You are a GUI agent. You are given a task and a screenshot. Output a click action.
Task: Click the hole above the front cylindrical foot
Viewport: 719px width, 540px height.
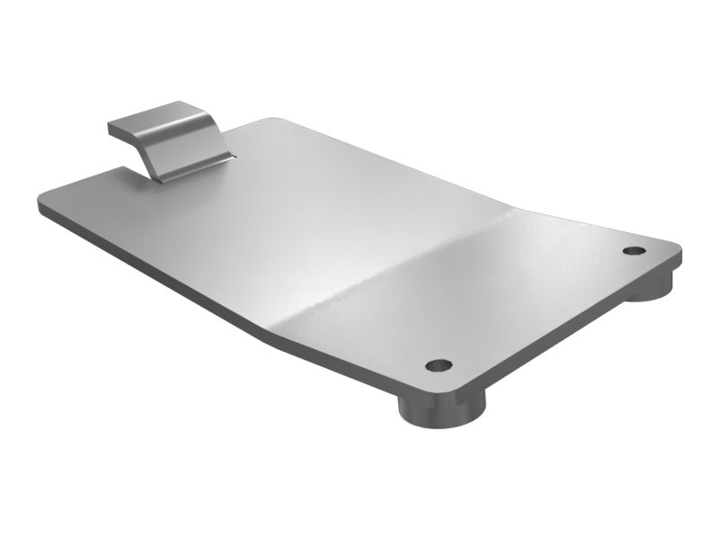(x=439, y=365)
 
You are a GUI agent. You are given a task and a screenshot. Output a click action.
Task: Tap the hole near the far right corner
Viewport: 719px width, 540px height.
(x=634, y=250)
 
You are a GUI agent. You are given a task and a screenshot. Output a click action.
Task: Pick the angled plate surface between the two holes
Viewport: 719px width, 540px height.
(x=530, y=297)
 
